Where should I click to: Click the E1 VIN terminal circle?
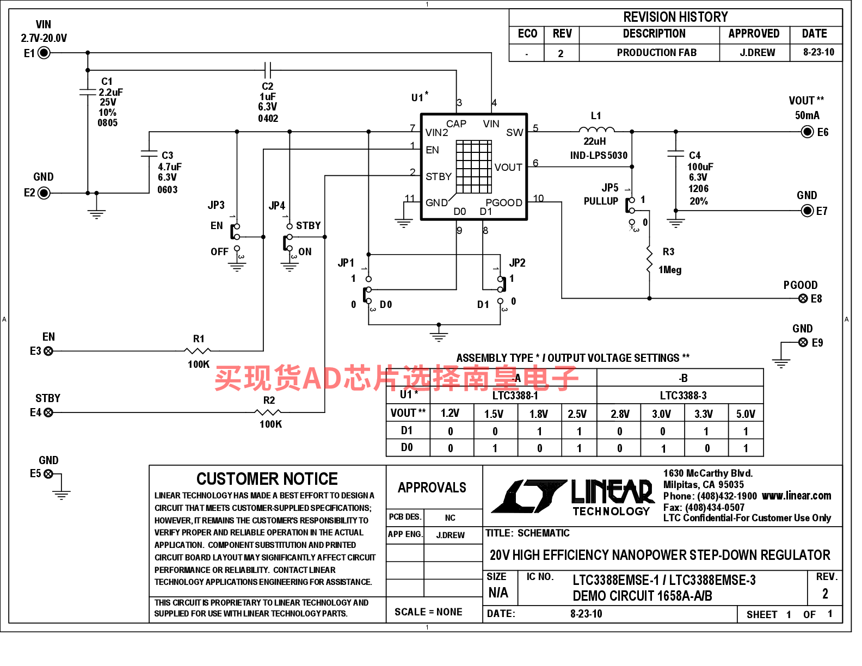pos(44,52)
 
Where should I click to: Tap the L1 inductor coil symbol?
pos(596,129)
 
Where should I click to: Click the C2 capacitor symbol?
pos(268,70)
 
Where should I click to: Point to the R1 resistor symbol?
pos(198,350)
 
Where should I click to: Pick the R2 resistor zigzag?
pos(268,412)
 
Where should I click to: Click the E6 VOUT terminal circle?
pos(807,131)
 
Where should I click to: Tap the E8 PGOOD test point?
pos(803,298)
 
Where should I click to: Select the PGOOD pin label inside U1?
pos(503,202)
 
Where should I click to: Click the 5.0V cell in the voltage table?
pos(746,414)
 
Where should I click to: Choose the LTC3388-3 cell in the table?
pos(683,396)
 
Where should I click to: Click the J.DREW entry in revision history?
pos(757,52)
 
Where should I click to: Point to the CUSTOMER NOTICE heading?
pos(267,479)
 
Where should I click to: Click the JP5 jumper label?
pos(609,187)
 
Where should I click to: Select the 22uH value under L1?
pos(594,141)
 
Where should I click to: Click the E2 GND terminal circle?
pos(44,193)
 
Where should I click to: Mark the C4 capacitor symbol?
pos(675,153)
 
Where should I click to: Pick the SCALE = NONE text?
pos(428,612)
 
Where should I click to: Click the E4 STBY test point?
pos(48,412)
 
